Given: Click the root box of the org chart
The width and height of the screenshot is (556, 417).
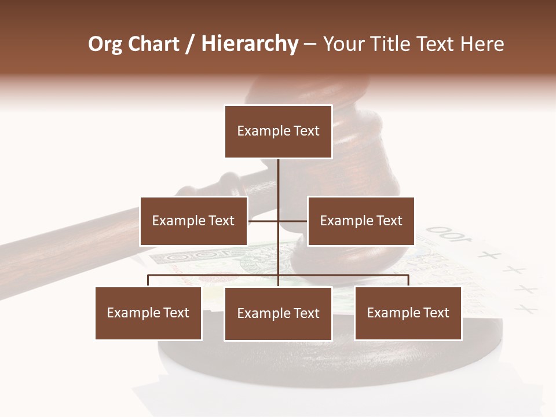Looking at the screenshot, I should click(x=278, y=131).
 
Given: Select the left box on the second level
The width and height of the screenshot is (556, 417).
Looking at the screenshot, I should click(x=193, y=221).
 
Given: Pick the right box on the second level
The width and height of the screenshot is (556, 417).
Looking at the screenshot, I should click(x=361, y=221).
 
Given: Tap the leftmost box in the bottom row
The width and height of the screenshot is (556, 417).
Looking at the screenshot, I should click(x=148, y=313).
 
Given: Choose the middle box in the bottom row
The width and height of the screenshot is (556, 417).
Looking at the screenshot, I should click(x=278, y=313).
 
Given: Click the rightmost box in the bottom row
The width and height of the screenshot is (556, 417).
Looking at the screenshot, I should click(x=408, y=313).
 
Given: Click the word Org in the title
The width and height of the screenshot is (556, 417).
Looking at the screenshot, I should click(x=105, y=44).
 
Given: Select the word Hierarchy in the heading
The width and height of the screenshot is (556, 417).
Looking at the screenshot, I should click(x=250, y=44).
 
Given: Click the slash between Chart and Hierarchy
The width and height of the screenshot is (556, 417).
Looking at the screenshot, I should click(x=191, y=44).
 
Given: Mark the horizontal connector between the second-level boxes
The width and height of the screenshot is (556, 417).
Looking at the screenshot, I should click(x=264, y=221).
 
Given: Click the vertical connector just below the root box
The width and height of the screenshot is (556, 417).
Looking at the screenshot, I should click(x=278, y=177).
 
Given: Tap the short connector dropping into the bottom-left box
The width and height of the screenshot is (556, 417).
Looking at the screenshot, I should click(x=148, y=281).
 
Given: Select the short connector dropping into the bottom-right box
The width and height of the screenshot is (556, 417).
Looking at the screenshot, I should click(x=408, y=281).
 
